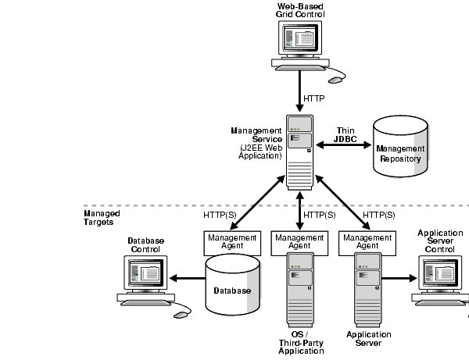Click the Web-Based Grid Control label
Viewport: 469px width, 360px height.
pyautogui.click(x=301, y=11)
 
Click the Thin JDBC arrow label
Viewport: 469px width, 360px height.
pyautogui.click(x=345, y=135)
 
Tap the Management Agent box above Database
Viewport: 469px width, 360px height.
pyautogui.click(x=231, y=241)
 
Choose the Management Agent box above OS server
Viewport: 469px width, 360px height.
pyautogui.click(x=299, y=241)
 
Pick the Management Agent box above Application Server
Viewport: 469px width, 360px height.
pyautogui.click(x=367, y=241)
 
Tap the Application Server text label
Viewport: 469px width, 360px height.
pyautogui.click(x=368, y=338)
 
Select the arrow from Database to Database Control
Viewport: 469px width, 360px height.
pyautogui.click(x=188, y=277)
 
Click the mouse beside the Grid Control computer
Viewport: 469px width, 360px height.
pyautogui.click(x=335, y=79)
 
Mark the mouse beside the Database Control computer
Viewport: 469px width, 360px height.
pyautogui.click(x=181, y=314)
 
